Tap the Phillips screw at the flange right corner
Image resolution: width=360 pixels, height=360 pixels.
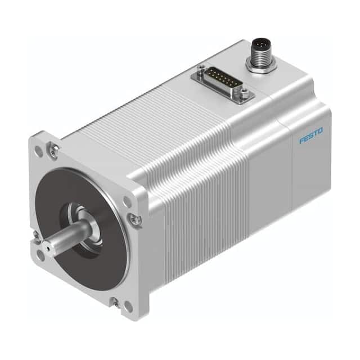136,218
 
